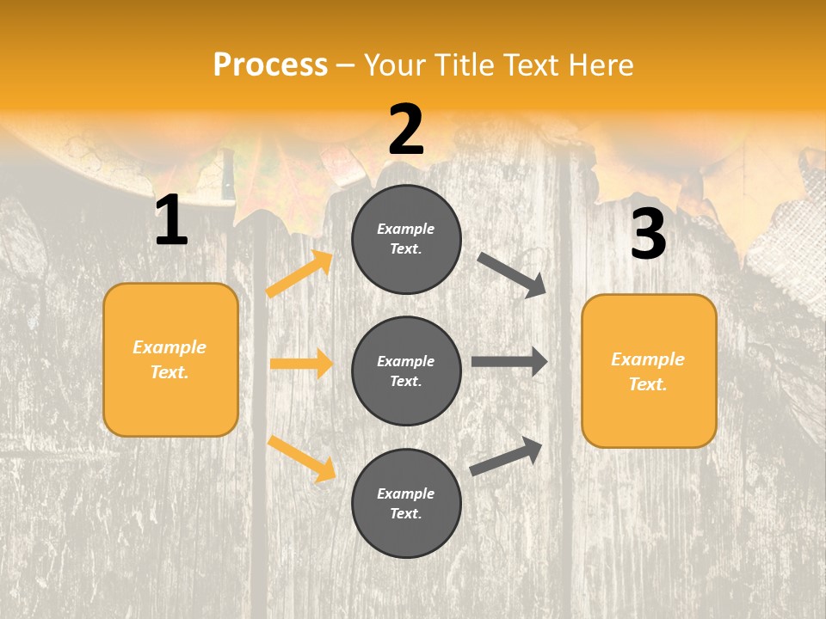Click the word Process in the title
coord(270,64)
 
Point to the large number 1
coord(171,221)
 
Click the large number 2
coord(406,130)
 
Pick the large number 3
coord(648,235)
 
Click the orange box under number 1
coord(170,359)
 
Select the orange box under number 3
coord(649,371)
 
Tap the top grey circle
coord(406,239)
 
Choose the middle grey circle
coord(406,371)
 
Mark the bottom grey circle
coord(406,503)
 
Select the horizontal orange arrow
coord(300,364)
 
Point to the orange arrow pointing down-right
coord(301,458)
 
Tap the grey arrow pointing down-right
coord(512,274)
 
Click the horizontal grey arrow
coord(509,362)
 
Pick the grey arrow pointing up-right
coord(506,456)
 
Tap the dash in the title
coord(345,65)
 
